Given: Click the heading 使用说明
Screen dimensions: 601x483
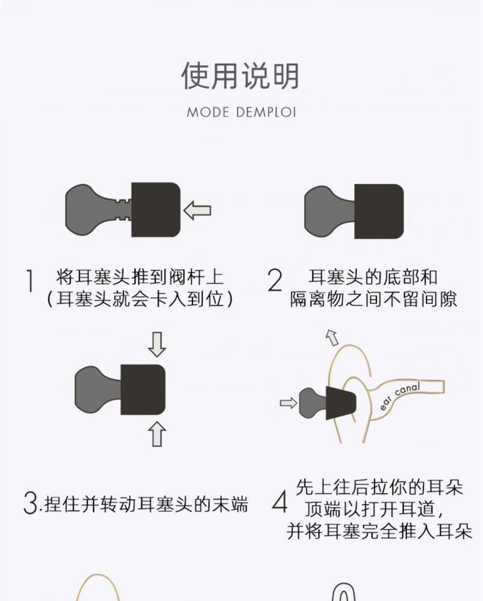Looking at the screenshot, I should (x=241, y=77).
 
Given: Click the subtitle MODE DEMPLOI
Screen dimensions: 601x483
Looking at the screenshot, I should (x=241, y=113).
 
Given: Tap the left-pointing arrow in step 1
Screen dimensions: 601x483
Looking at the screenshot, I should (x=198, y=211).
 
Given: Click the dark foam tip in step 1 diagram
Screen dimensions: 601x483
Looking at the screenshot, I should (x=156, y=210).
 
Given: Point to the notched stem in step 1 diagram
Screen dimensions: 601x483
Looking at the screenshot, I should (x=122, y=210).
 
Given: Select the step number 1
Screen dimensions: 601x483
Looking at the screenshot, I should (x=30, y=281).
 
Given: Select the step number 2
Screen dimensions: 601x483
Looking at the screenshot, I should (x=275, y=281).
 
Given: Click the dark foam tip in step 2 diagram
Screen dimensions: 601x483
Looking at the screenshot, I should (x=379, y=211).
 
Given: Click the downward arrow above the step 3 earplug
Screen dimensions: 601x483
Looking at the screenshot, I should (x=157, y=344).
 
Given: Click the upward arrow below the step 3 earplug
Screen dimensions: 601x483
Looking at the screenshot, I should (x=157, y=434).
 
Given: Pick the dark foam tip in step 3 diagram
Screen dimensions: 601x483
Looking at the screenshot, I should (x=142, y=389).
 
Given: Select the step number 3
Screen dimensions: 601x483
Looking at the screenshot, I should (x=30, y=503).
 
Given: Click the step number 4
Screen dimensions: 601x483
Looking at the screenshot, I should (x=280, y=502).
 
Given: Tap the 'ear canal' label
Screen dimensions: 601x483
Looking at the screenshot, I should (x=400, y=397).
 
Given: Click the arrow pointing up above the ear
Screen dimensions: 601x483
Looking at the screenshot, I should (x=332, y=337).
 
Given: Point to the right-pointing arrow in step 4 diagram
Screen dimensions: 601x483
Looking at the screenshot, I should (x=288, y=403).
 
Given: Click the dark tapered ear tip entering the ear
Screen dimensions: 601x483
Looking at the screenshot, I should (x=341, y=403).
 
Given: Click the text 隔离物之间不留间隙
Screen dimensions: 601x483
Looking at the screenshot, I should (x=374, y=299).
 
